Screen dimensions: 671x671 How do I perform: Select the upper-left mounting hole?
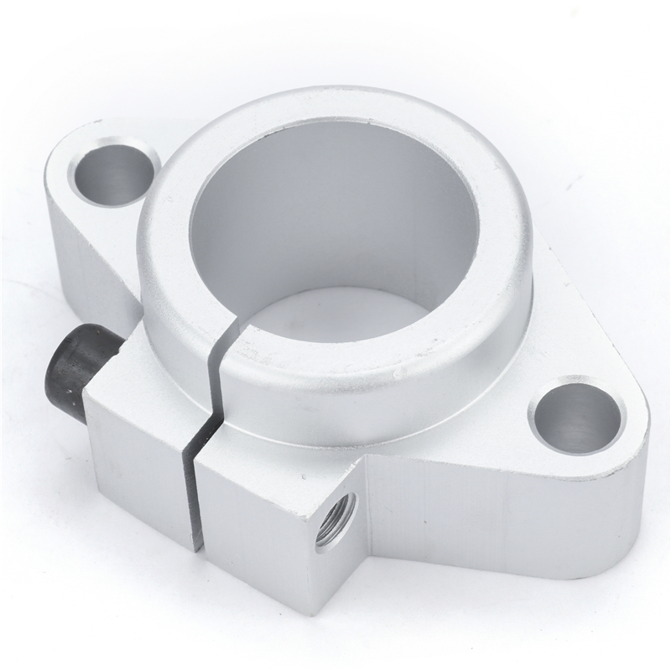[x=114, y=173]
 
